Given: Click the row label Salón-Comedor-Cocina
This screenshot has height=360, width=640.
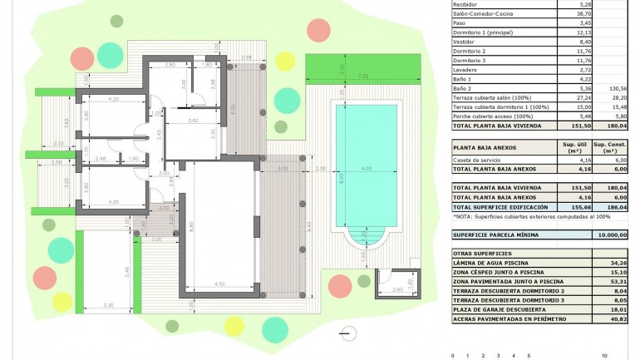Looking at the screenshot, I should click(x=484, y=14).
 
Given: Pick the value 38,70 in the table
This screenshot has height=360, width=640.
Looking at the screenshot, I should click(x=584, y=14).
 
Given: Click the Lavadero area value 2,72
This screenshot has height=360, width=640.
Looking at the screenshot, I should click(x=585, y=69).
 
